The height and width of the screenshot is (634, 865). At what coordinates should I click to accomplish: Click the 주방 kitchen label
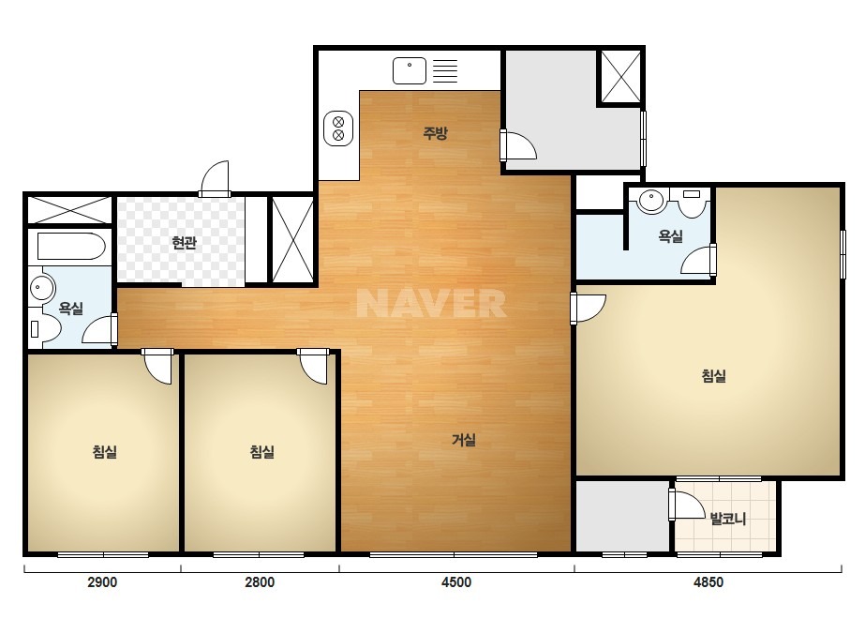coord(435,133)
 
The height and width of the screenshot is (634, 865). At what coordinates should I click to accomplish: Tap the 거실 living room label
coord(463,440)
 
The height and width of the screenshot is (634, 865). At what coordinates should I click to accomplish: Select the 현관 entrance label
coord(184,243)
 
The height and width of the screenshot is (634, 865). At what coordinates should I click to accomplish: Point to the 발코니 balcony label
coord(727,520)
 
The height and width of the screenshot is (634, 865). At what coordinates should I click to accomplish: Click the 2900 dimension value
coord(102,582)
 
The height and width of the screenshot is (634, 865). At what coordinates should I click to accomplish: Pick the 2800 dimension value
coord(260,582)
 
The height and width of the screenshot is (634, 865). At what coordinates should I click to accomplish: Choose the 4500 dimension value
coord(456,582)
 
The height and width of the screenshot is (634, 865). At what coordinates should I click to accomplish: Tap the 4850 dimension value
coord(708,582)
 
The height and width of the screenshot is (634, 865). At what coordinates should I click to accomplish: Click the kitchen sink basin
coord(410,70)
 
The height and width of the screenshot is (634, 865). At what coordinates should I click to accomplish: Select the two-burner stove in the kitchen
coord(338,128)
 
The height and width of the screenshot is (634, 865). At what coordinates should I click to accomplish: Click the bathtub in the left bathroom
coord(71,247)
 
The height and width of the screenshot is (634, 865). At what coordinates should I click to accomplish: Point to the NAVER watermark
coord(431,303)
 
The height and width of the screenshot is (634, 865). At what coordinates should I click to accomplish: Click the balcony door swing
coord(687,505)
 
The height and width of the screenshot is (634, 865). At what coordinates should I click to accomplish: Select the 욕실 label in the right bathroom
coord(670,236)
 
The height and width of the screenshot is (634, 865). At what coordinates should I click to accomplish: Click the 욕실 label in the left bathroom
coord(70,309)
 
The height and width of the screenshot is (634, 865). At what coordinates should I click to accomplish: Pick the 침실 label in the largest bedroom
coord(713,376)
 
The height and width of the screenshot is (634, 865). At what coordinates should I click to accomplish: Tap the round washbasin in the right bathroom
coord(651,200)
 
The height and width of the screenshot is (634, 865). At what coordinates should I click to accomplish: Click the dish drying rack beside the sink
coord(444,70)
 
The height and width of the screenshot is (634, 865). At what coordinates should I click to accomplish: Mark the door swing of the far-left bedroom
coord(157,366)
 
